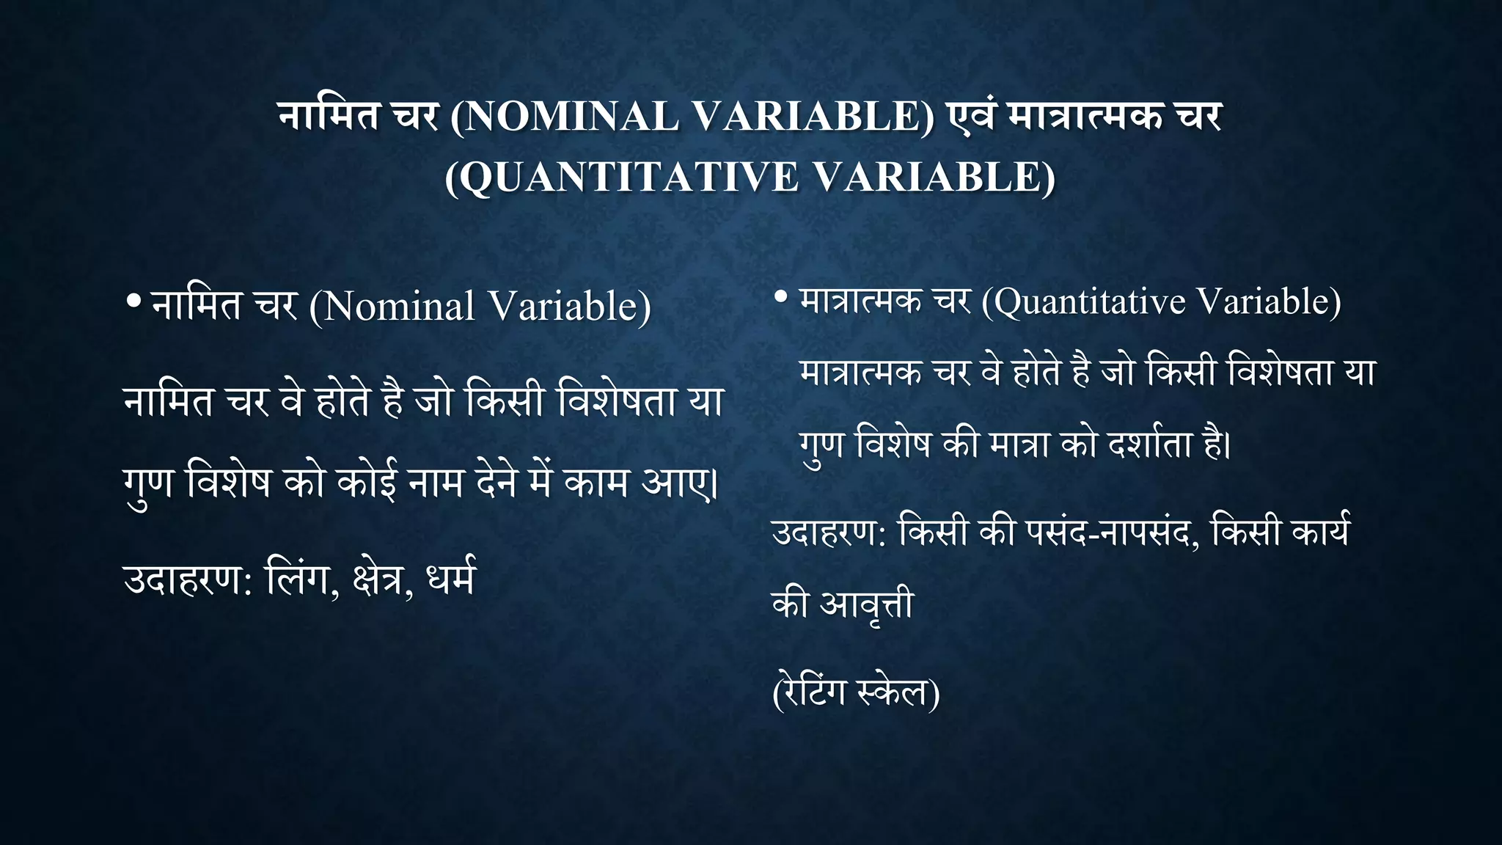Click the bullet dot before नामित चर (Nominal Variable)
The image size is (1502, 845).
pyautogui.click(x=133, y=301)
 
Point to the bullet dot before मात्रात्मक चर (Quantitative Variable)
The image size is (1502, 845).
pyautogui.click(x=781, y=297)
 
